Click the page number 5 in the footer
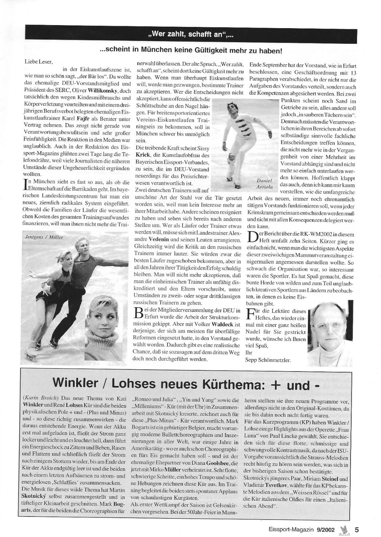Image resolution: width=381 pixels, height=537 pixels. pos(357,529)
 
